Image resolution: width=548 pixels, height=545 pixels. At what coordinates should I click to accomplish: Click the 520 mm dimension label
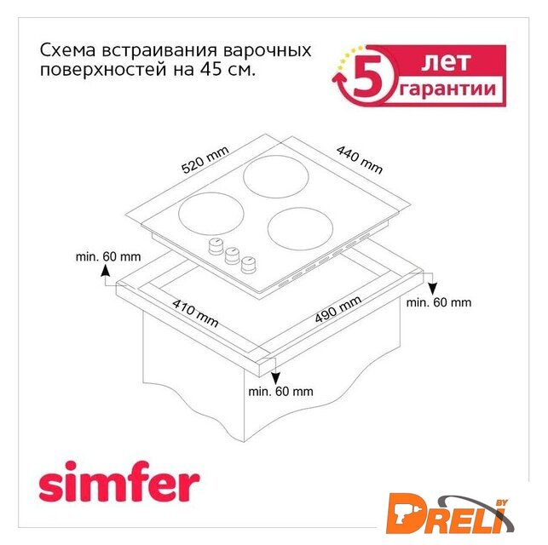coord(205,159)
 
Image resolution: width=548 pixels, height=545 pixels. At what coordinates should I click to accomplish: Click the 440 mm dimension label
coord(360,159)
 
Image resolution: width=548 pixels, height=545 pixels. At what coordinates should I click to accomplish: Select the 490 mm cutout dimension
coord(338,309)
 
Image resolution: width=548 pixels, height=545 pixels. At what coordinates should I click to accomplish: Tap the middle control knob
coord(232,255)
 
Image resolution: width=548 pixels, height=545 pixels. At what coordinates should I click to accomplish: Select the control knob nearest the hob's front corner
coord(249,265)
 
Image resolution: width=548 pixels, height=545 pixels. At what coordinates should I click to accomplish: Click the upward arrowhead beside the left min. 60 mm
coord(105,271)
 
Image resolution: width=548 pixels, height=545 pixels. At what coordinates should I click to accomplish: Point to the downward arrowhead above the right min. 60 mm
coord(433,289)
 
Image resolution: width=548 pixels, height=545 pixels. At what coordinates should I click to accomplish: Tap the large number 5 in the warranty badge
coord(365,76)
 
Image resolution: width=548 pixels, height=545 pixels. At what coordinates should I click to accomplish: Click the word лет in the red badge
coord(445,62)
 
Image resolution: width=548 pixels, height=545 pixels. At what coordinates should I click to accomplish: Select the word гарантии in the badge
coord(447,89)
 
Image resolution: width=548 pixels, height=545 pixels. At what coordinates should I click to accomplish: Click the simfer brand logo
coord(119,482)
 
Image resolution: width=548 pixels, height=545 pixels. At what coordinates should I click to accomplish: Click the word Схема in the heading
coord(67,50)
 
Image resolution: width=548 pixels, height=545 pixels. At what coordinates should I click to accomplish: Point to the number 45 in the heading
coord(211,70)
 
